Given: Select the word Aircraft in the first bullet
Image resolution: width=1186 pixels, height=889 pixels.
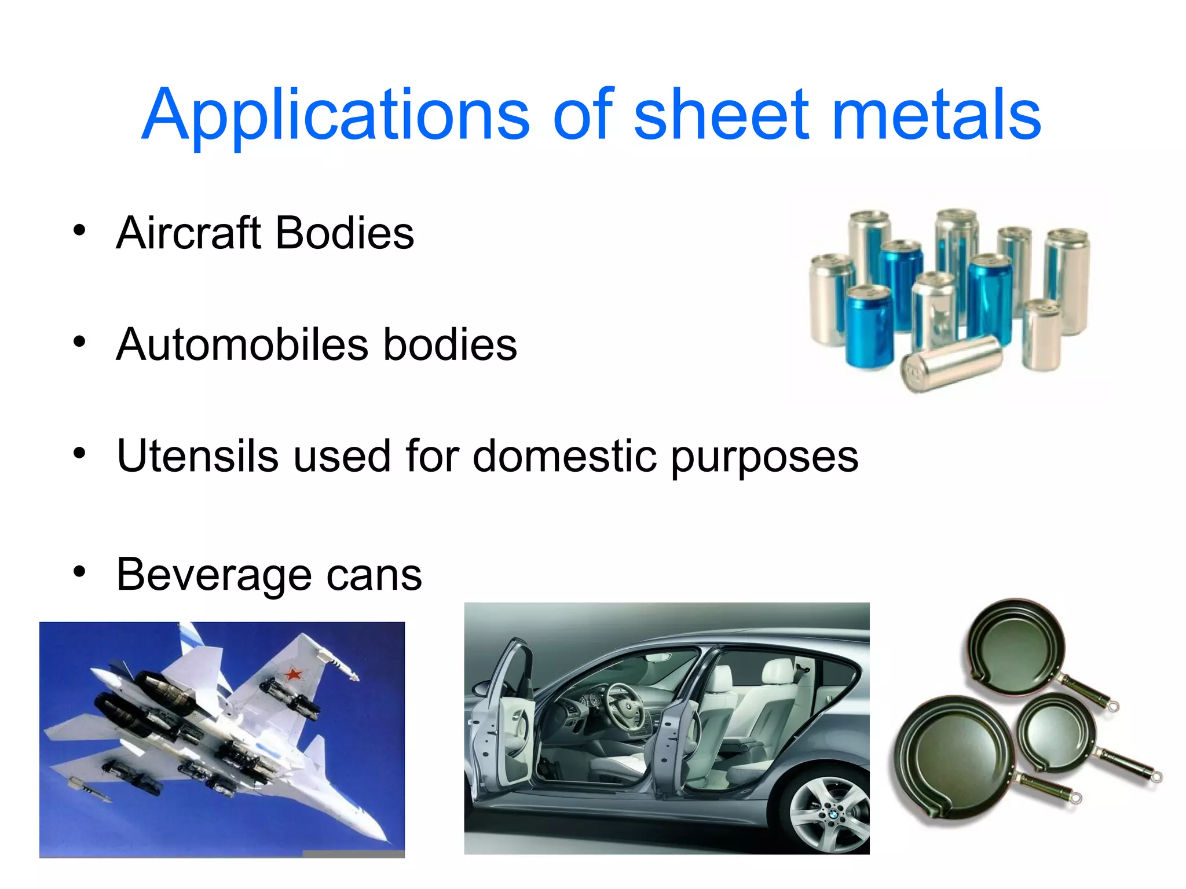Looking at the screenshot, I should coord(188,233).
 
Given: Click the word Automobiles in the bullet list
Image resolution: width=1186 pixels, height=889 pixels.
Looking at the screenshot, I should coord(242,344).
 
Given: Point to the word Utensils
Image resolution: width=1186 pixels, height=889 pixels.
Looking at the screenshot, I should coord(197,456).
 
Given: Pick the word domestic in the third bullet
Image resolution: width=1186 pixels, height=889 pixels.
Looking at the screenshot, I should coord(565,456).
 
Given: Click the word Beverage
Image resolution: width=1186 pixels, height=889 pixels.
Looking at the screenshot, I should coord(214,574).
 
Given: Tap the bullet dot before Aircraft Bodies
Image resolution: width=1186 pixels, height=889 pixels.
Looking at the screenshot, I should coord(79,231).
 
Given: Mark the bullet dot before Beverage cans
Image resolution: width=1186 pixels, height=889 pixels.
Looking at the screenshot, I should coord(79,572).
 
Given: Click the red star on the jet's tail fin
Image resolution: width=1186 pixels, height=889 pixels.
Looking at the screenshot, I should coord(293,673).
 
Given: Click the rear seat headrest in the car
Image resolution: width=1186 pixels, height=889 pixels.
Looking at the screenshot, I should coord(776,671).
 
